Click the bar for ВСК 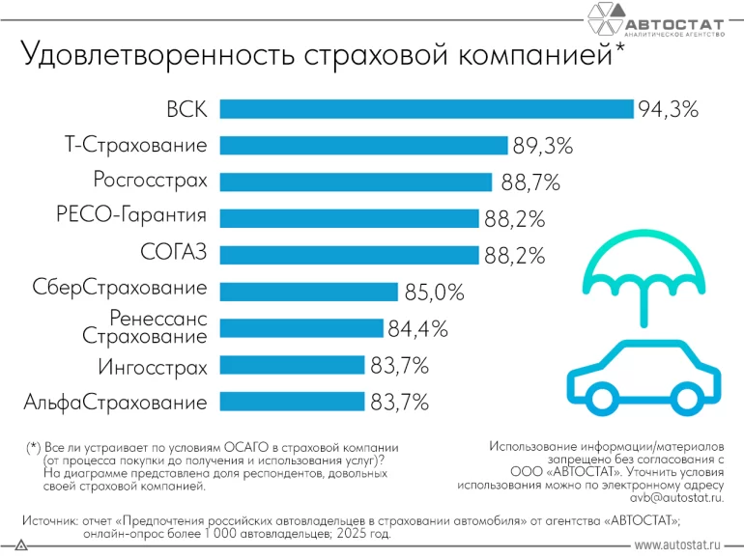[426, 108]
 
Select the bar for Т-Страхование [363, 145]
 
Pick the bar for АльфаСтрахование [292, 402]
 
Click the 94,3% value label [668, 108]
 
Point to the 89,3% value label [542, 146]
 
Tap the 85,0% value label [433, 292]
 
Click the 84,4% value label [417, 328]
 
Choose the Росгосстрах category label [150, 181]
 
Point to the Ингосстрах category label [152, 367]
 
